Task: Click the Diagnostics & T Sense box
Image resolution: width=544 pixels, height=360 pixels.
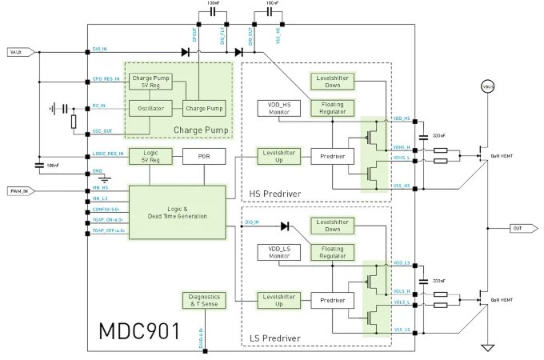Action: click(203, 301)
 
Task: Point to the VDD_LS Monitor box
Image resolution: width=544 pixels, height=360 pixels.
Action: click(277, 252)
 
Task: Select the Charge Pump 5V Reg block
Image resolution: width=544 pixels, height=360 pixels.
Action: click(150, 82)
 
